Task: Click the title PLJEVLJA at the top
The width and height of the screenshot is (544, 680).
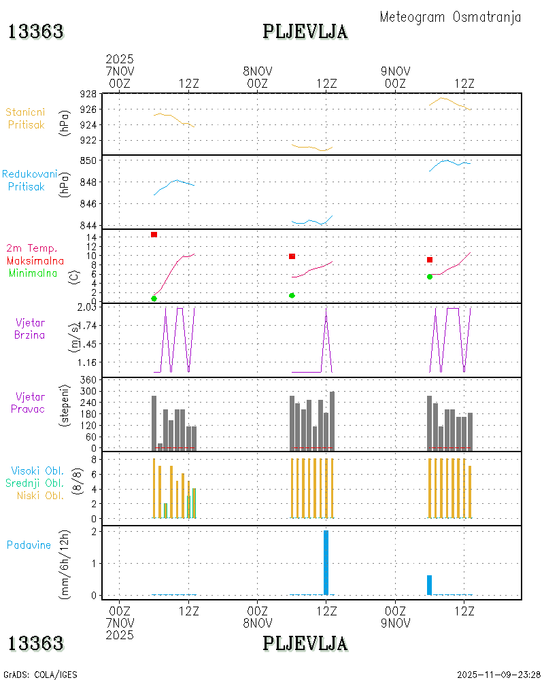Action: pos(305,31)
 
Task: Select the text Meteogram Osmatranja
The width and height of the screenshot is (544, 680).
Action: pos(450,17)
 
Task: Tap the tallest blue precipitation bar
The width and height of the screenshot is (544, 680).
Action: pos(326,562)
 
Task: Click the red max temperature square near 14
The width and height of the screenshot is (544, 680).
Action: pos(154,235)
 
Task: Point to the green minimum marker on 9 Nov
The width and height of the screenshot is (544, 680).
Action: pos(430,276)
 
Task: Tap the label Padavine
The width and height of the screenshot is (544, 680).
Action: pos(29,545)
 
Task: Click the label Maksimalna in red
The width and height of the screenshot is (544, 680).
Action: pos(35,260)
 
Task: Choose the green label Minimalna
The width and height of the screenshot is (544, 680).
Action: pos(33,273)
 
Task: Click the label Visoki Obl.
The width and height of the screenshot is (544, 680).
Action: pos(37,471)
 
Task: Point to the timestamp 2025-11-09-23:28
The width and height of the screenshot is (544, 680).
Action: pos(498,675)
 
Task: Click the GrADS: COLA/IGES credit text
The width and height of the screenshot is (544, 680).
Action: pos(40,675)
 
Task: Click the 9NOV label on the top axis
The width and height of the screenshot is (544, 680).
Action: pos(395,71)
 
